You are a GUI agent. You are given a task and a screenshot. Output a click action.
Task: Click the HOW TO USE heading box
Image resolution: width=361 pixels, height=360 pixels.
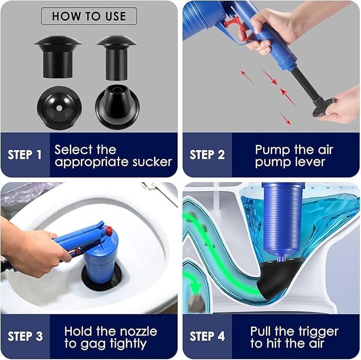tap(89, 16)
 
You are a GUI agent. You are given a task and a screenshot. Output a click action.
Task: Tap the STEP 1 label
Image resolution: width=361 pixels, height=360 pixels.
tap(24, 155)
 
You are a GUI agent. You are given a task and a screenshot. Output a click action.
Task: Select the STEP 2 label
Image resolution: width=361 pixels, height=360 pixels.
tap(207, 155)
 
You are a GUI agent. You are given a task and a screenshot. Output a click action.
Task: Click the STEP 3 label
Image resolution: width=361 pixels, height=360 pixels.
tap(25, 336)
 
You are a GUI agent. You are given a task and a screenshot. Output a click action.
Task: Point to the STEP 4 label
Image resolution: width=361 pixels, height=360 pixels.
tap(207, 336)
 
